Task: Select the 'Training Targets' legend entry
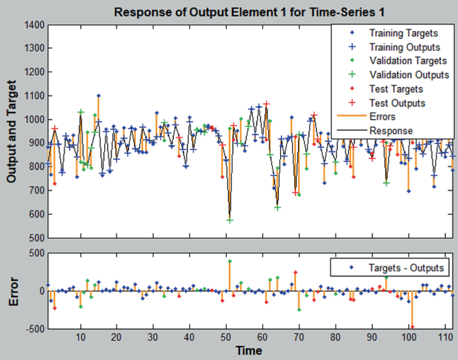pyautogui.click(x=403, y=33)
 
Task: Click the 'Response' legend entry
pyautogui.click(x=390, y=131)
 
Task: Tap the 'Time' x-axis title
pyautogui.click(x=248, y=350)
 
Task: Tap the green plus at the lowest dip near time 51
pyautogui.click(x=229, y=219)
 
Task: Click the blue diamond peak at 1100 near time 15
pyautogui.click(x=98, y=96)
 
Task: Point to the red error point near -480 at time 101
pyautogui.click(x=413, y=327)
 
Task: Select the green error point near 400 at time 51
pyautogui.click(x=229, y=261)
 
